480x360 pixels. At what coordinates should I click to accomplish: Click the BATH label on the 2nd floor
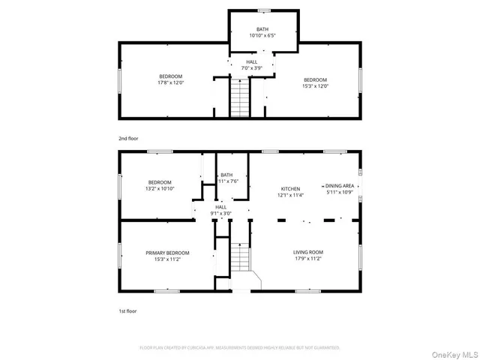click(x=262, y=29)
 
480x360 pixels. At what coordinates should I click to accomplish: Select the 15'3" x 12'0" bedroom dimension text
click(x=316, y=85)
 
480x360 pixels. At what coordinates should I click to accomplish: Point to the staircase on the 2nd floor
click(x=238, y=98)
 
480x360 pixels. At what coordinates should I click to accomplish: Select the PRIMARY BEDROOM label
click(x=167, y=253)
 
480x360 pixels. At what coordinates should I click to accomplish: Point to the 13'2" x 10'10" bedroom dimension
click(x=160, y=188)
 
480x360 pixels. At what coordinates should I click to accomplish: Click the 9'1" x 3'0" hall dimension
click(x=220, y=213)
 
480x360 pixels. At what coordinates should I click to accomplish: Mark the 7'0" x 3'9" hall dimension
click(x=252, y=68)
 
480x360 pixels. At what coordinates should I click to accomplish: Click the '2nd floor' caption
click(x=128, y=139)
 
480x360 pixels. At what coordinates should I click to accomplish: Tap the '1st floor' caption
click(x=127, y=310)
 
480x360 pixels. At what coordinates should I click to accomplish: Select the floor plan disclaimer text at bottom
click(x=240, y=348)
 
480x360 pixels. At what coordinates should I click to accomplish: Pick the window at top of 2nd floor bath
click(x=263, y=10)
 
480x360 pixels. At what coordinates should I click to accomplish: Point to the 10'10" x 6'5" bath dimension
click(x=262, y=35)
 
